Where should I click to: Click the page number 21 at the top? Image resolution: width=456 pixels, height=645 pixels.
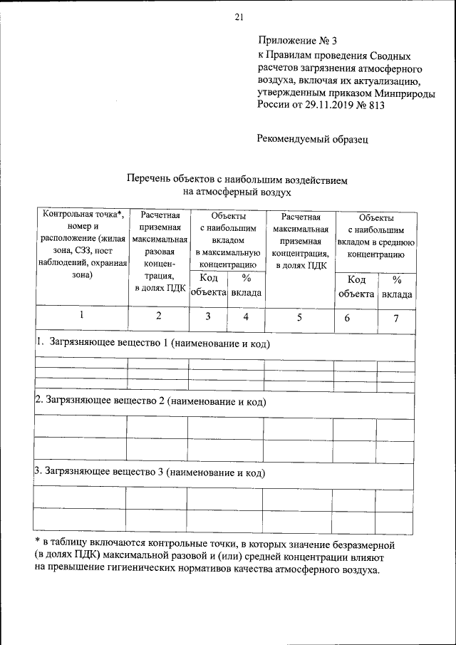tap(239, 18)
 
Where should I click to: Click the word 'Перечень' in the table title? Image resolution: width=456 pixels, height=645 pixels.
tap(148, 181)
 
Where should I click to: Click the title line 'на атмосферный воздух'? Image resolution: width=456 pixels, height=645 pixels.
tap(237, 192)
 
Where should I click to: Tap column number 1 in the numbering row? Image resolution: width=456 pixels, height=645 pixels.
tap(82, 316)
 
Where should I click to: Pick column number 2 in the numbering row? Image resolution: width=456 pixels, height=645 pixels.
tap(158, 316)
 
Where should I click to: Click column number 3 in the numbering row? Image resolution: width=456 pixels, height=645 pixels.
tap(208, 316)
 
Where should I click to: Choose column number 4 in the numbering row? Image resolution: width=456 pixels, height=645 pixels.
tap(245, 316)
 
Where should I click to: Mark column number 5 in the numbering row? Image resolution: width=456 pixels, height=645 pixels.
tap(300, 317)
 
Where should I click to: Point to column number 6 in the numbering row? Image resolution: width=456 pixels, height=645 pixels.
tap(347, 318)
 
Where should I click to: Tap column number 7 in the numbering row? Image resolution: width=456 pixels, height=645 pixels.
tap(395, 318)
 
